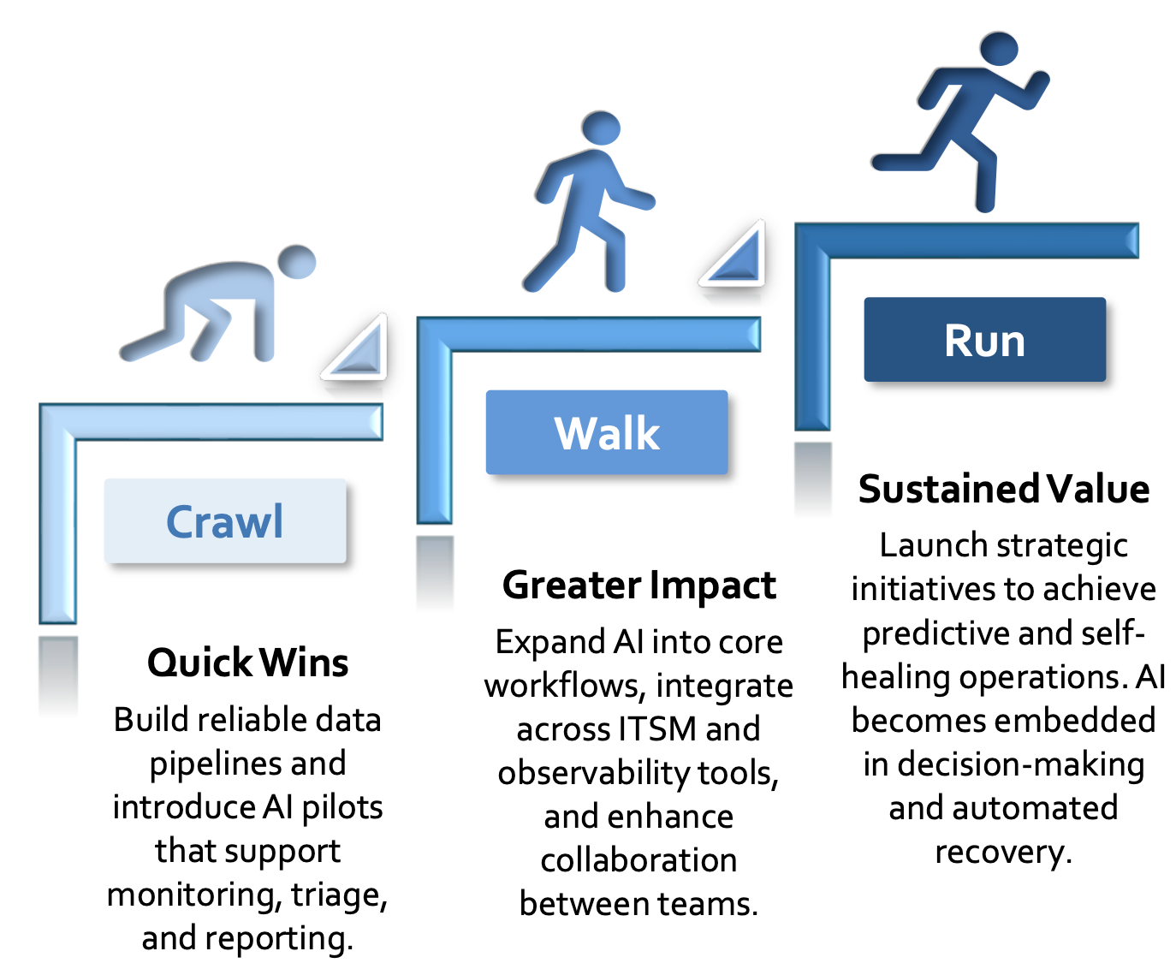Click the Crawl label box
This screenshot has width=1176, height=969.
coord(225,520)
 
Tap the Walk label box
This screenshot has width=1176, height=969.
coord(607,432)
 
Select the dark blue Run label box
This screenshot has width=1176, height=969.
coord(984,339)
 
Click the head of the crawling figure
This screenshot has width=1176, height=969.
coord(297,261)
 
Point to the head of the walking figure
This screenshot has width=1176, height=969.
coord(601,128)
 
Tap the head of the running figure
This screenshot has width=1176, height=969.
coord(999,49)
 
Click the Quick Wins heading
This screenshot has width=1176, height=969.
coord(248,663)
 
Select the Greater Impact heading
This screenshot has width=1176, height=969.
coord(639,586)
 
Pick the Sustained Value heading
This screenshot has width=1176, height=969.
coord(1004,489)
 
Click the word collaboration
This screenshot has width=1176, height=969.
coord(638,861)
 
